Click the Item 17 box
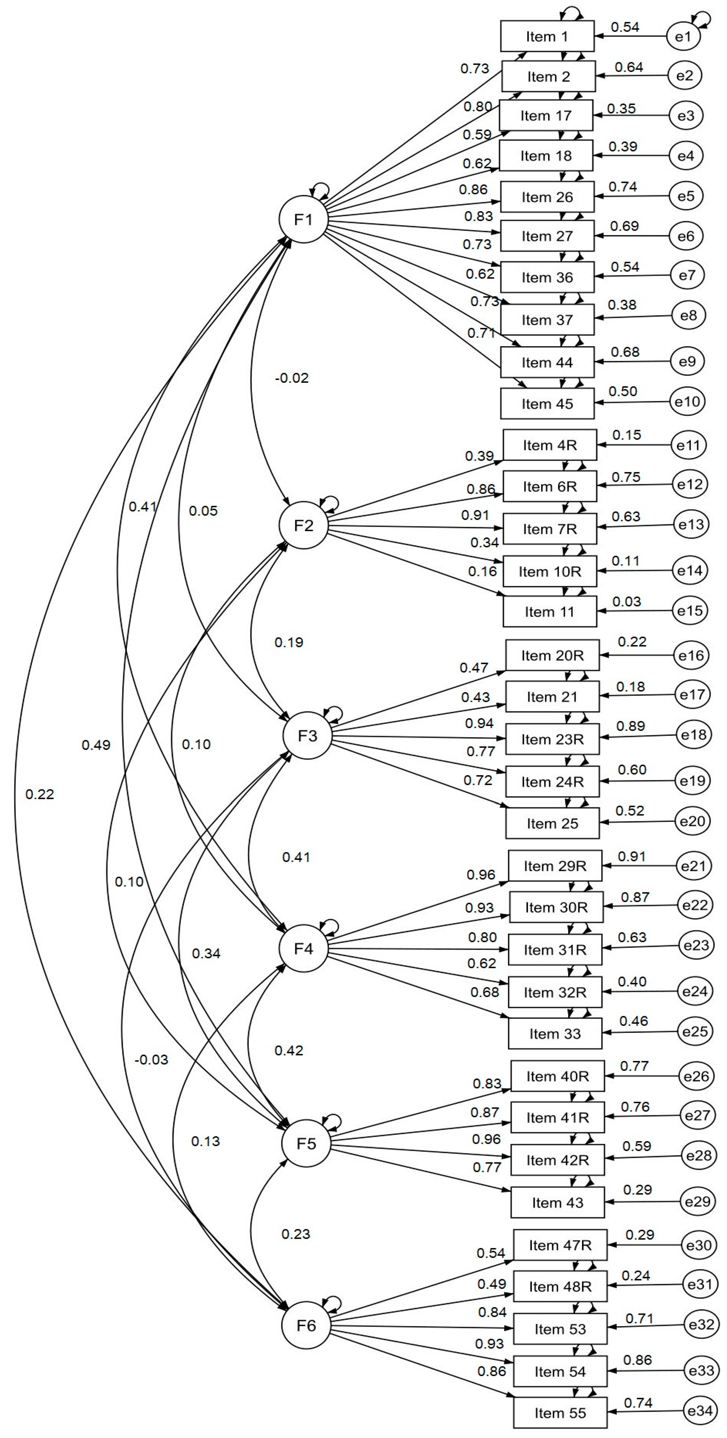[545, 116]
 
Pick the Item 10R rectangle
[549, 571]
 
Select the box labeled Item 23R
[552, 739]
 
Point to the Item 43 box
[557, 1202]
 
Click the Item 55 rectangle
[560, 1413]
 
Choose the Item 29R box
[554, 866]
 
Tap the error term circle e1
[683, 37]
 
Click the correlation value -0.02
[292, 378]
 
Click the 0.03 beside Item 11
[626, 602]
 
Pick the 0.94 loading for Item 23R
[479, 723]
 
